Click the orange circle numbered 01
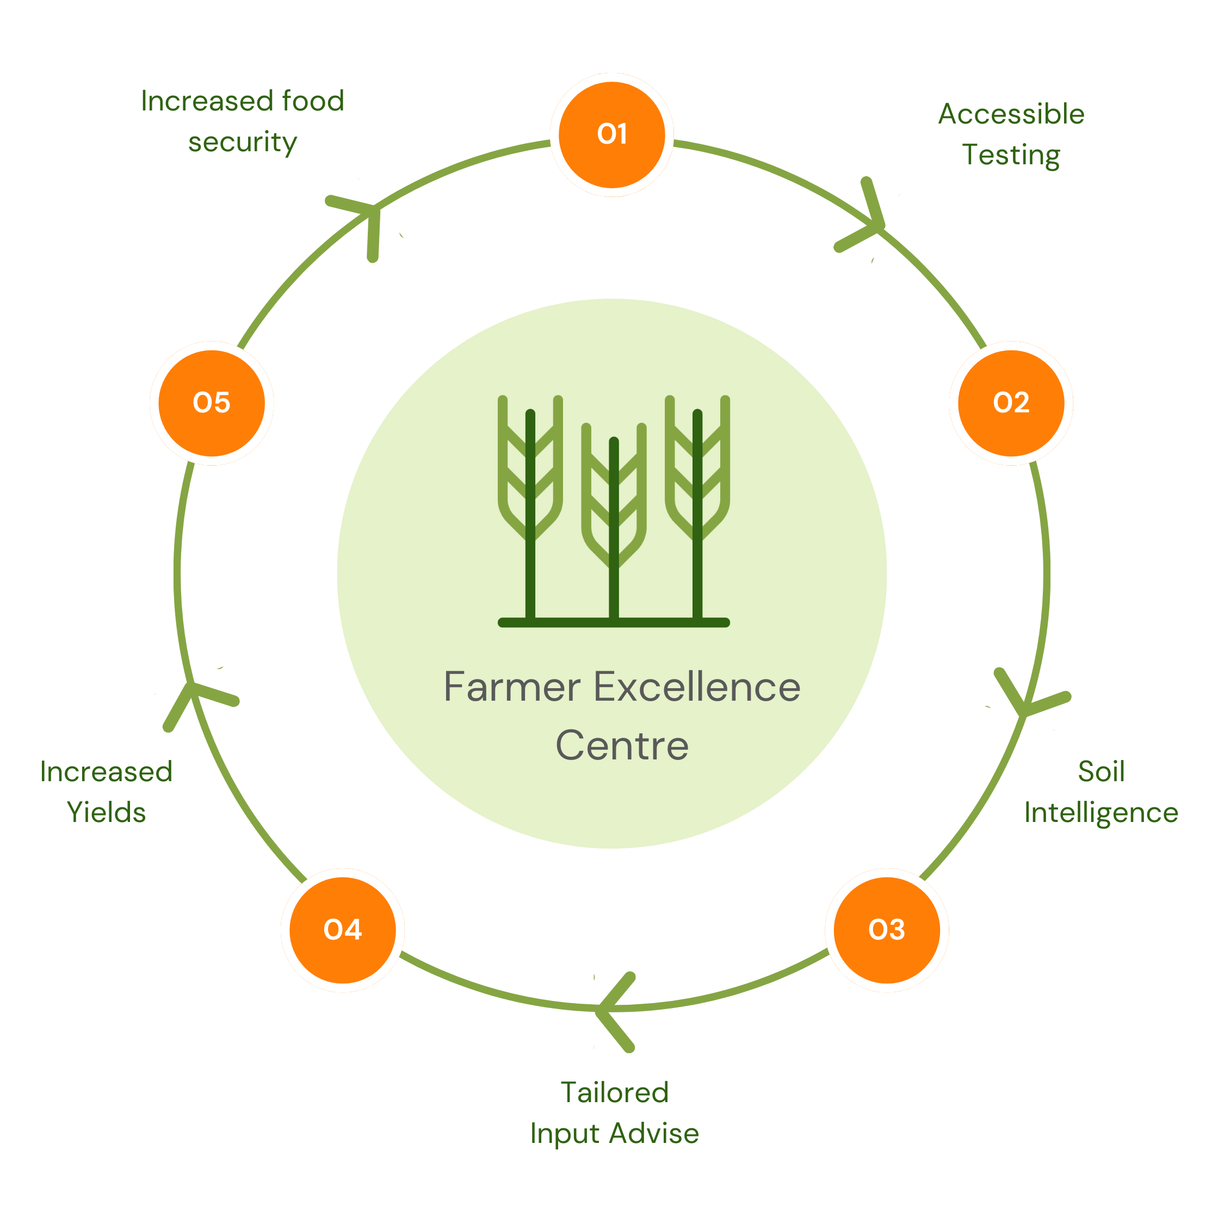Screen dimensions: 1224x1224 click(611, 135)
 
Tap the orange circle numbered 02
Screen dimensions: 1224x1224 click(1011, 403)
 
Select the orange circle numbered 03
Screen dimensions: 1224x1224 click(886, 929)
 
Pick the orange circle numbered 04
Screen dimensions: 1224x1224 click(343, 929)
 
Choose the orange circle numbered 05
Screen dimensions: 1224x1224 click(212, 403)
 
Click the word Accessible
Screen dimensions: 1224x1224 click(1011, 115)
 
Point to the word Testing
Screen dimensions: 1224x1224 click(1011, 155)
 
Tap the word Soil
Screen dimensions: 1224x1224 click(1101, 771)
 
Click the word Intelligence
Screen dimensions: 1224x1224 click(1101, 813)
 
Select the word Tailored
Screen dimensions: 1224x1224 click(615, 1092)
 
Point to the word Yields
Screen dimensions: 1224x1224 click(107, 812)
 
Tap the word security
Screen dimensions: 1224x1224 click(243, 142)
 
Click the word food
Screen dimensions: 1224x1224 click(313, 101)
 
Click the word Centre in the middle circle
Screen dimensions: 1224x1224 click(622, 746)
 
